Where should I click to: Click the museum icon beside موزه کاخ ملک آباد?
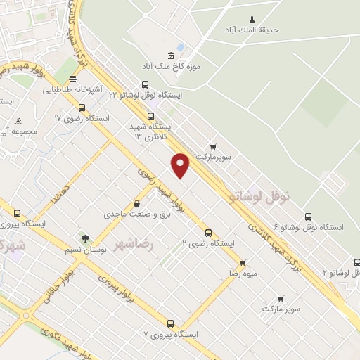(x=172, y=56)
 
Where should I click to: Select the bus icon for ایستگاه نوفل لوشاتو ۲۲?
(x=146, y=84)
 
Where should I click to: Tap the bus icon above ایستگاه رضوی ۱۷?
(x=82, y=108)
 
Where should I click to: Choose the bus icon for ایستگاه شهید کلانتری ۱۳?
(x=150, y=116)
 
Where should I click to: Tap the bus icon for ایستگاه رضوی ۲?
(x=207, y=233)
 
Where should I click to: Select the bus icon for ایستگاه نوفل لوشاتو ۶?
(x=307, y=217)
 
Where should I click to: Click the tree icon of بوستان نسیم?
(x=84, y=239)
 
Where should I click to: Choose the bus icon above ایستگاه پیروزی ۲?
(x=17, y=213)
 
